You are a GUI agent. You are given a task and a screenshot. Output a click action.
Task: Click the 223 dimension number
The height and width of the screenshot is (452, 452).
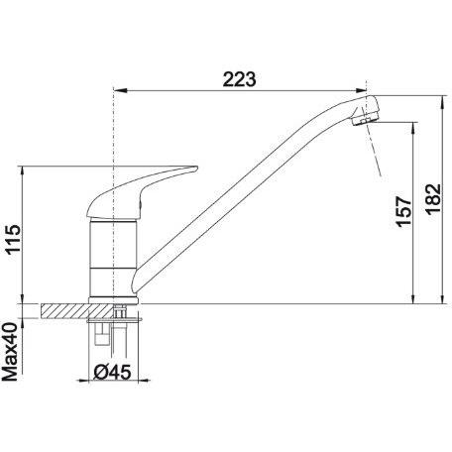pos(239,79)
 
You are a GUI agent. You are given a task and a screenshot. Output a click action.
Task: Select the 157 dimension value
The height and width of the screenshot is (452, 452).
pos(404,211)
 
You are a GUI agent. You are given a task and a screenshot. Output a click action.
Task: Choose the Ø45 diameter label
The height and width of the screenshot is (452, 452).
pos(113,373)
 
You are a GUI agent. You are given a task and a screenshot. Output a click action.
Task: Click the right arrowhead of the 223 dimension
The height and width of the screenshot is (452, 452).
pos(361,90)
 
